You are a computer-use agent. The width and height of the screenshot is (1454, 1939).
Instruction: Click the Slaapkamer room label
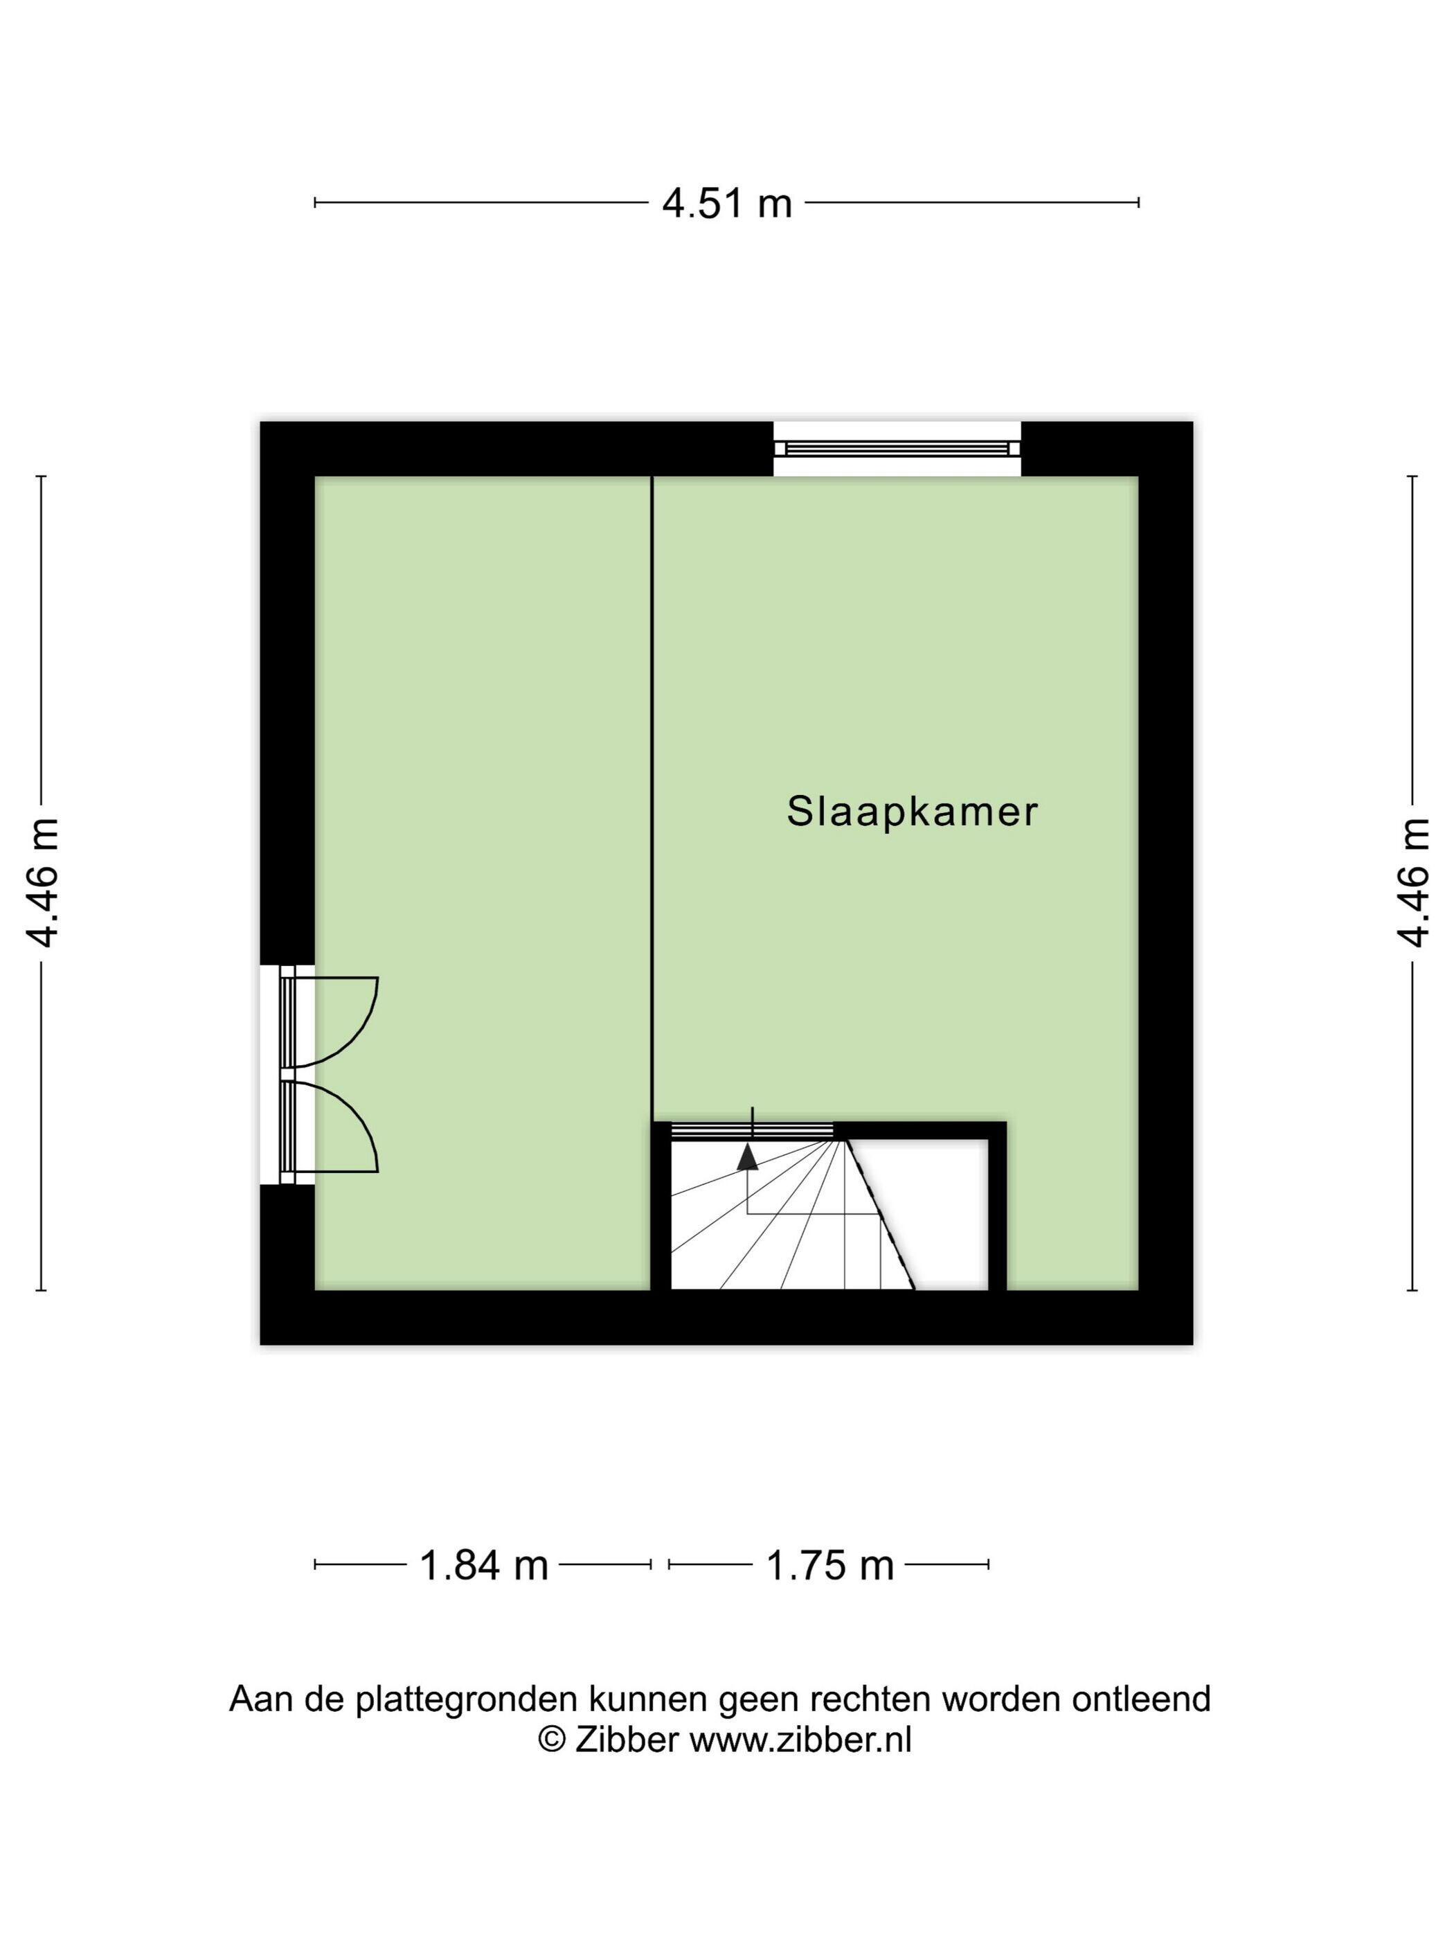pos(911,811)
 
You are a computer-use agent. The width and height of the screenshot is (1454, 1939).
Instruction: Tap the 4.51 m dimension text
pos(726,204)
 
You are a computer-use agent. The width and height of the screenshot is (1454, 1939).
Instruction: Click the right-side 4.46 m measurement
pos(1412,883)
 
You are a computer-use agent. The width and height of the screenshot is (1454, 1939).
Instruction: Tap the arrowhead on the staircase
pos(746,1157)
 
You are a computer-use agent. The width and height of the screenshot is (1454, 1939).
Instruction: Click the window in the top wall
pos(897,449)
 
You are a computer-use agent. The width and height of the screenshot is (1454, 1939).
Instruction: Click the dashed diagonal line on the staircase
pos(880,1214)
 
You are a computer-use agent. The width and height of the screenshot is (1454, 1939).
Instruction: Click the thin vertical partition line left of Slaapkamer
pos(652,799)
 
